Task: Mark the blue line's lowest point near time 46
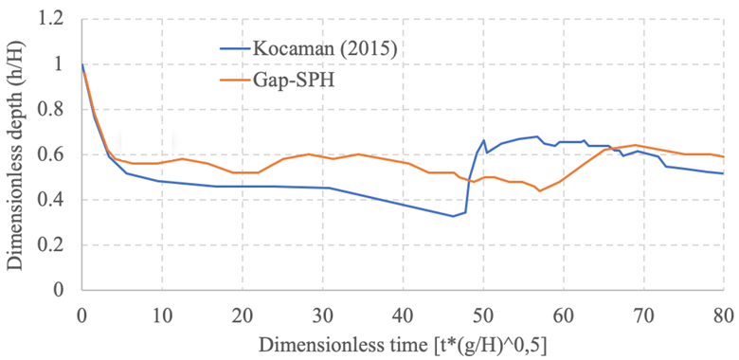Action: pyautogui.click(x=453, y=216)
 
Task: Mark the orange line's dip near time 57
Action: pyautogui.click(x=539, y=190)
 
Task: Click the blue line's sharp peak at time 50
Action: pyautogui.click(x=483, y=141)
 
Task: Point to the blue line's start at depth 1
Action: pyautogui.click(x=82, y=65)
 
